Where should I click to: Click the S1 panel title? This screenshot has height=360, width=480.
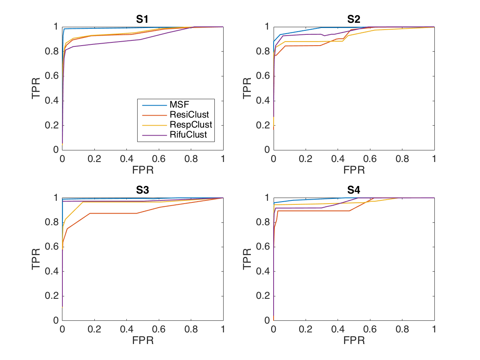pyautogui.click(x=142, y=19)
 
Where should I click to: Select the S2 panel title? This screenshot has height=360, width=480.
pyautogui.click(x=354, y=19)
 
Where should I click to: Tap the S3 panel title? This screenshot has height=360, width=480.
pyautogui.click(x=142, y=190)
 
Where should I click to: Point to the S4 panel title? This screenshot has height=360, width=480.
pyautogui.click(x=354, y=190)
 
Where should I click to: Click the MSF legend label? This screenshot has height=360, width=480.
pyautogui.click(x=179, y=104)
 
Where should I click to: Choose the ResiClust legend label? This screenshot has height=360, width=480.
pyautogui.click(x=189, y=114)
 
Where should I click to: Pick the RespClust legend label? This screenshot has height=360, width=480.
pyautogui.click(x=191, y=124)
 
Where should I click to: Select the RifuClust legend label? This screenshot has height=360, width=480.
pyautogui.click(x=188, y=135)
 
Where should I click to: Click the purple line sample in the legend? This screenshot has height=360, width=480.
pyautogui.click(x=154, y=135)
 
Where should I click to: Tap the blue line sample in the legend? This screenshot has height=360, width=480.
pyautogui.click(x=154, y=105)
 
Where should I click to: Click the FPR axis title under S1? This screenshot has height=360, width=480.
pyautogui.click(x=143, y=170)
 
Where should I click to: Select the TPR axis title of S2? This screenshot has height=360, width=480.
pyautogui.click(x=247, y=88)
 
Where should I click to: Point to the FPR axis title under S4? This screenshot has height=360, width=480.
pyautogui.click(x=354, y=340)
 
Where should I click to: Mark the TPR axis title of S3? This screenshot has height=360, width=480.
pyautogui.click(x=36, y=259)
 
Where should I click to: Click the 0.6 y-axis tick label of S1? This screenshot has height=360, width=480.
pyautogui.click(x=52, y=76)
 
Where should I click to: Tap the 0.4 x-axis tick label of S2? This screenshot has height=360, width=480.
pyautogui.click(x=338, y=159)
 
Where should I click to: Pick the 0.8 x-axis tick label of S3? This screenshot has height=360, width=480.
pyautogui.click(x=191, y=329)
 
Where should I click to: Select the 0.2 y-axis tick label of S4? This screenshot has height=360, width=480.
pyautogui.click(x=263, y=296)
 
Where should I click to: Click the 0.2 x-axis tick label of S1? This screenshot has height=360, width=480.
pyautogui.click(x=94, y=159)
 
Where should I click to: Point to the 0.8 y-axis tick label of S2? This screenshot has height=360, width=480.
pyautogui.click(x=263, y=51)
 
